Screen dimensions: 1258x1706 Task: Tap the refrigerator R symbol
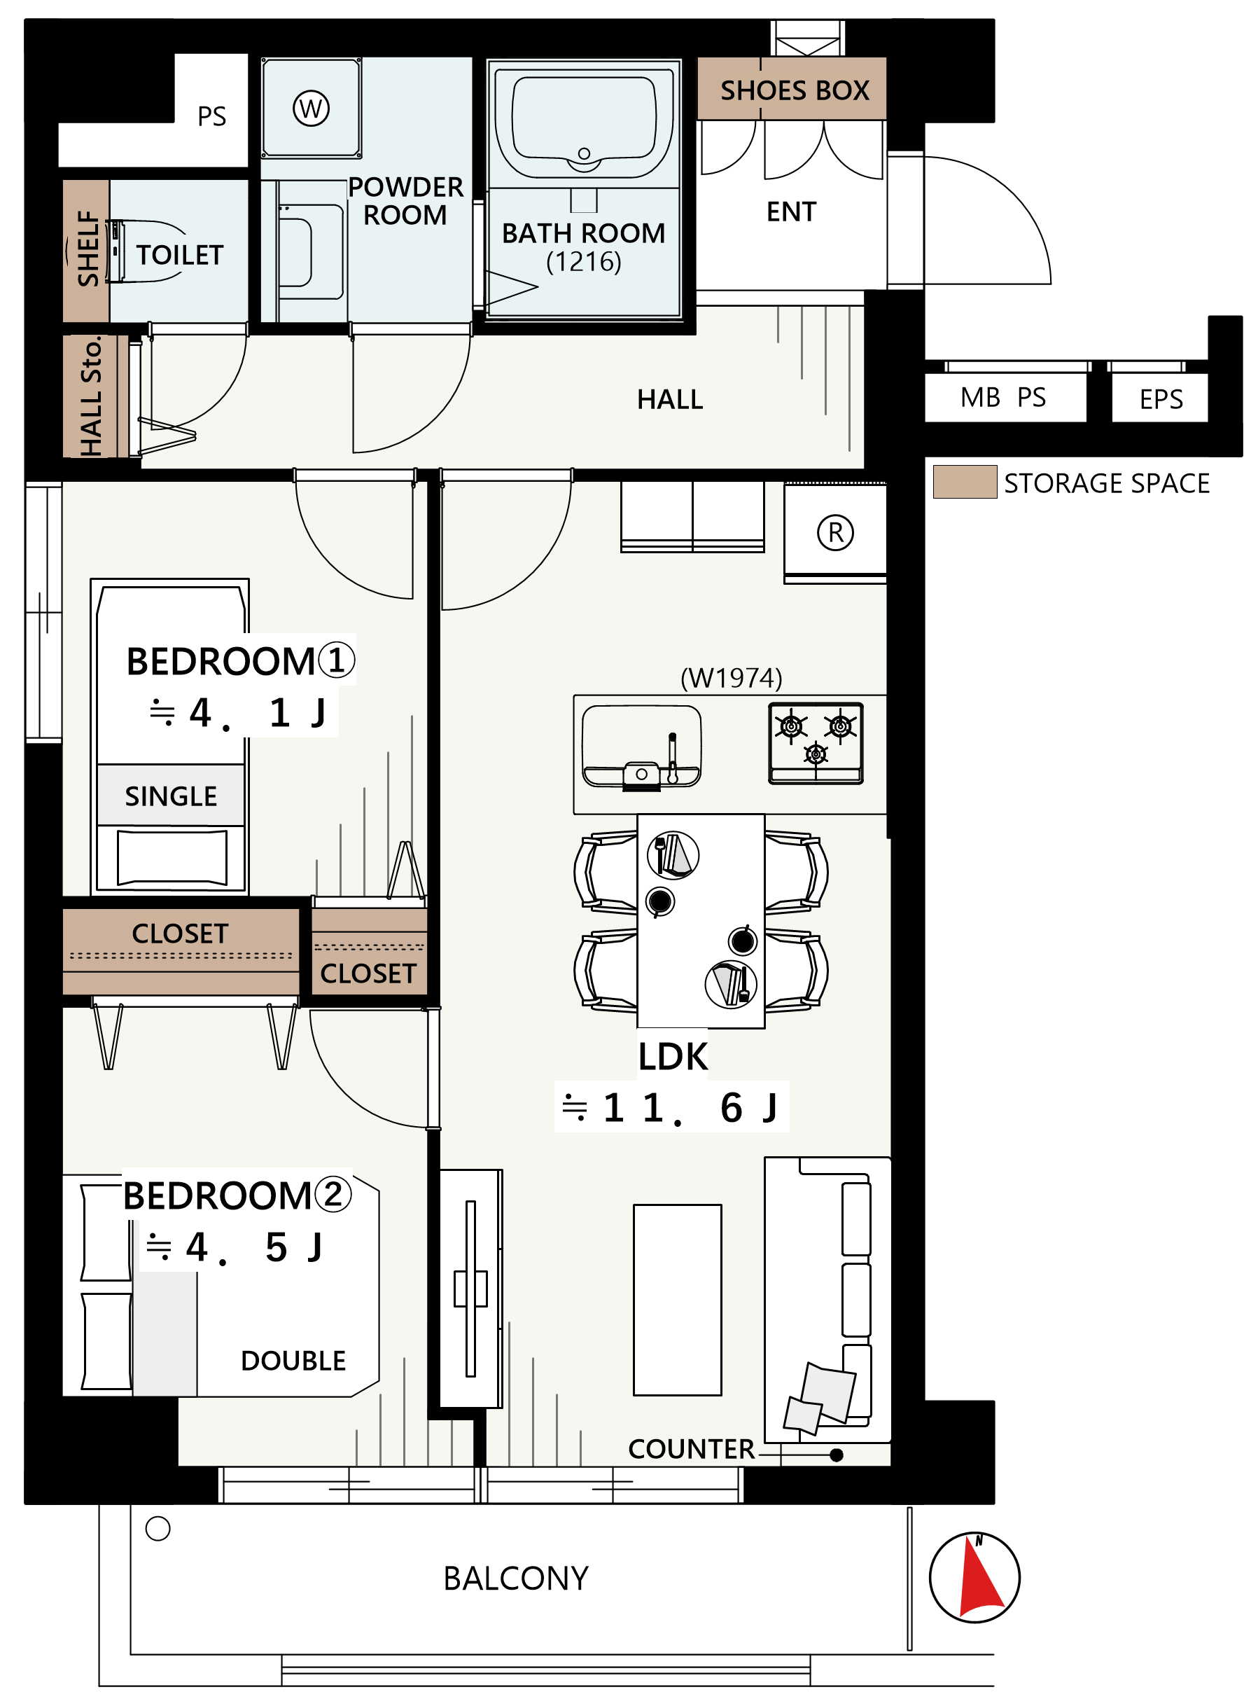(835, 532)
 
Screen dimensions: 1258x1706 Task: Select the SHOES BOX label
(795, 90)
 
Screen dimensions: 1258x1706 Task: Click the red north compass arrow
(980, 1576)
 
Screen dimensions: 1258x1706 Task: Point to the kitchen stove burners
(816, 743)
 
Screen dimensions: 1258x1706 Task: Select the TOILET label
(180, 255)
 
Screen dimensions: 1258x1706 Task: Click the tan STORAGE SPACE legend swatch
(965, 482)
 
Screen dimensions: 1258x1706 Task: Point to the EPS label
(1161, 399)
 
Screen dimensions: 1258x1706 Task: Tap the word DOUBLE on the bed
(293, 1361)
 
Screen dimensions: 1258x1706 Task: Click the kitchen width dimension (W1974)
(731, 677)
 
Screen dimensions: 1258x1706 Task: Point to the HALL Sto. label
(90, 397)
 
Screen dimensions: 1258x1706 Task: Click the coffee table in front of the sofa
(677, 1300)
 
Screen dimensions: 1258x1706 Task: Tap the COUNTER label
(691, 1448)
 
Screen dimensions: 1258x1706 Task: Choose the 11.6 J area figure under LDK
(670, 1107)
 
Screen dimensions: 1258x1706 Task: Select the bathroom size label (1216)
(583, 261)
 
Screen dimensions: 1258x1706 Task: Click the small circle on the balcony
(158, 1529)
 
